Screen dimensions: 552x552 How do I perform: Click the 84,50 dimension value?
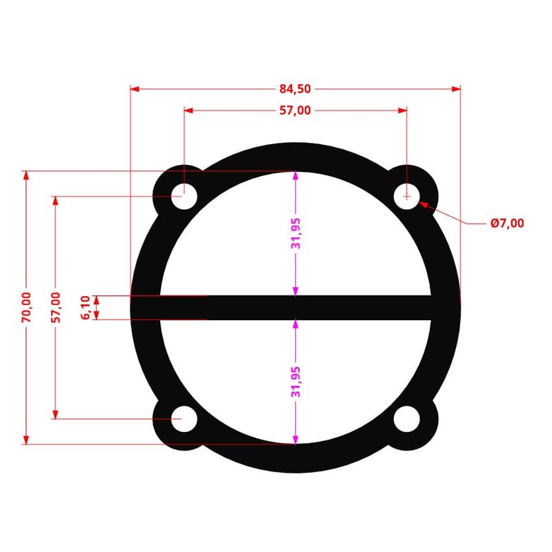tap(295, 89)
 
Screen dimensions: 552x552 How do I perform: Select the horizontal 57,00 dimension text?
tap(295, 110)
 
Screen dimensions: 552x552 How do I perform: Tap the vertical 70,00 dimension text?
tap(26, 307)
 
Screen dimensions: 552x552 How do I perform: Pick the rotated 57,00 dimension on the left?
tap(55, 307)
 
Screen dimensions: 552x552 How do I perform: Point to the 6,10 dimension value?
tap(86, 307)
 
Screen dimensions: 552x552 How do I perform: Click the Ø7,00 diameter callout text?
tap(507, 223)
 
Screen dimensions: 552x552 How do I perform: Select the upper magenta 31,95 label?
tap(295, 233)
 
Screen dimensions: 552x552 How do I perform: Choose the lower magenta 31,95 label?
tap(295, 382)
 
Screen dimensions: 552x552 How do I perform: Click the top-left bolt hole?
tap(184, 196)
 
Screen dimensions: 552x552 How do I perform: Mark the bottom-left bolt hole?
tap(184, 419)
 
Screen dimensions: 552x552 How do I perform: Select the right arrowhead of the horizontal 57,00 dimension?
tap(402, 110)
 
